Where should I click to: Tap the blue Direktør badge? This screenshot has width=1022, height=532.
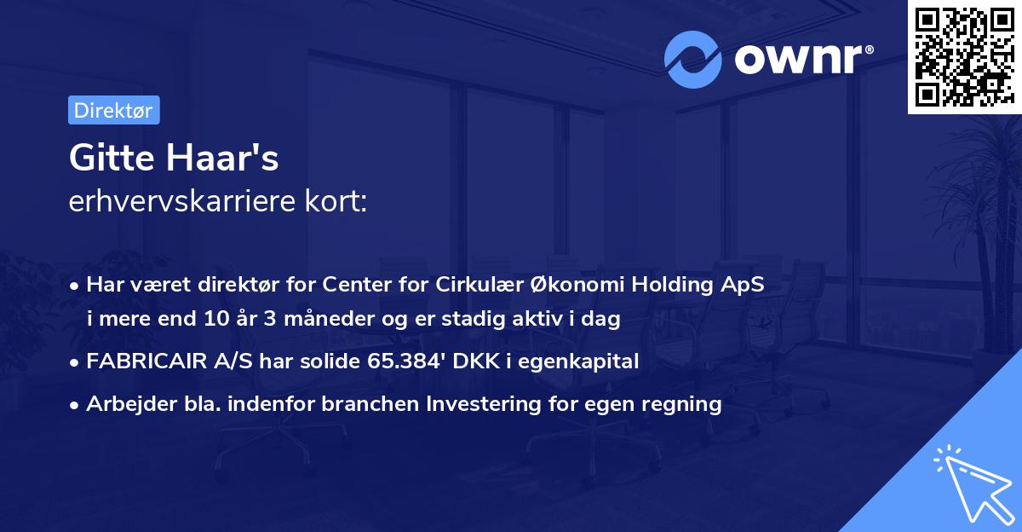click(113, 110)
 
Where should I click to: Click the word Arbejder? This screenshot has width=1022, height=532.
click(126, 404)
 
